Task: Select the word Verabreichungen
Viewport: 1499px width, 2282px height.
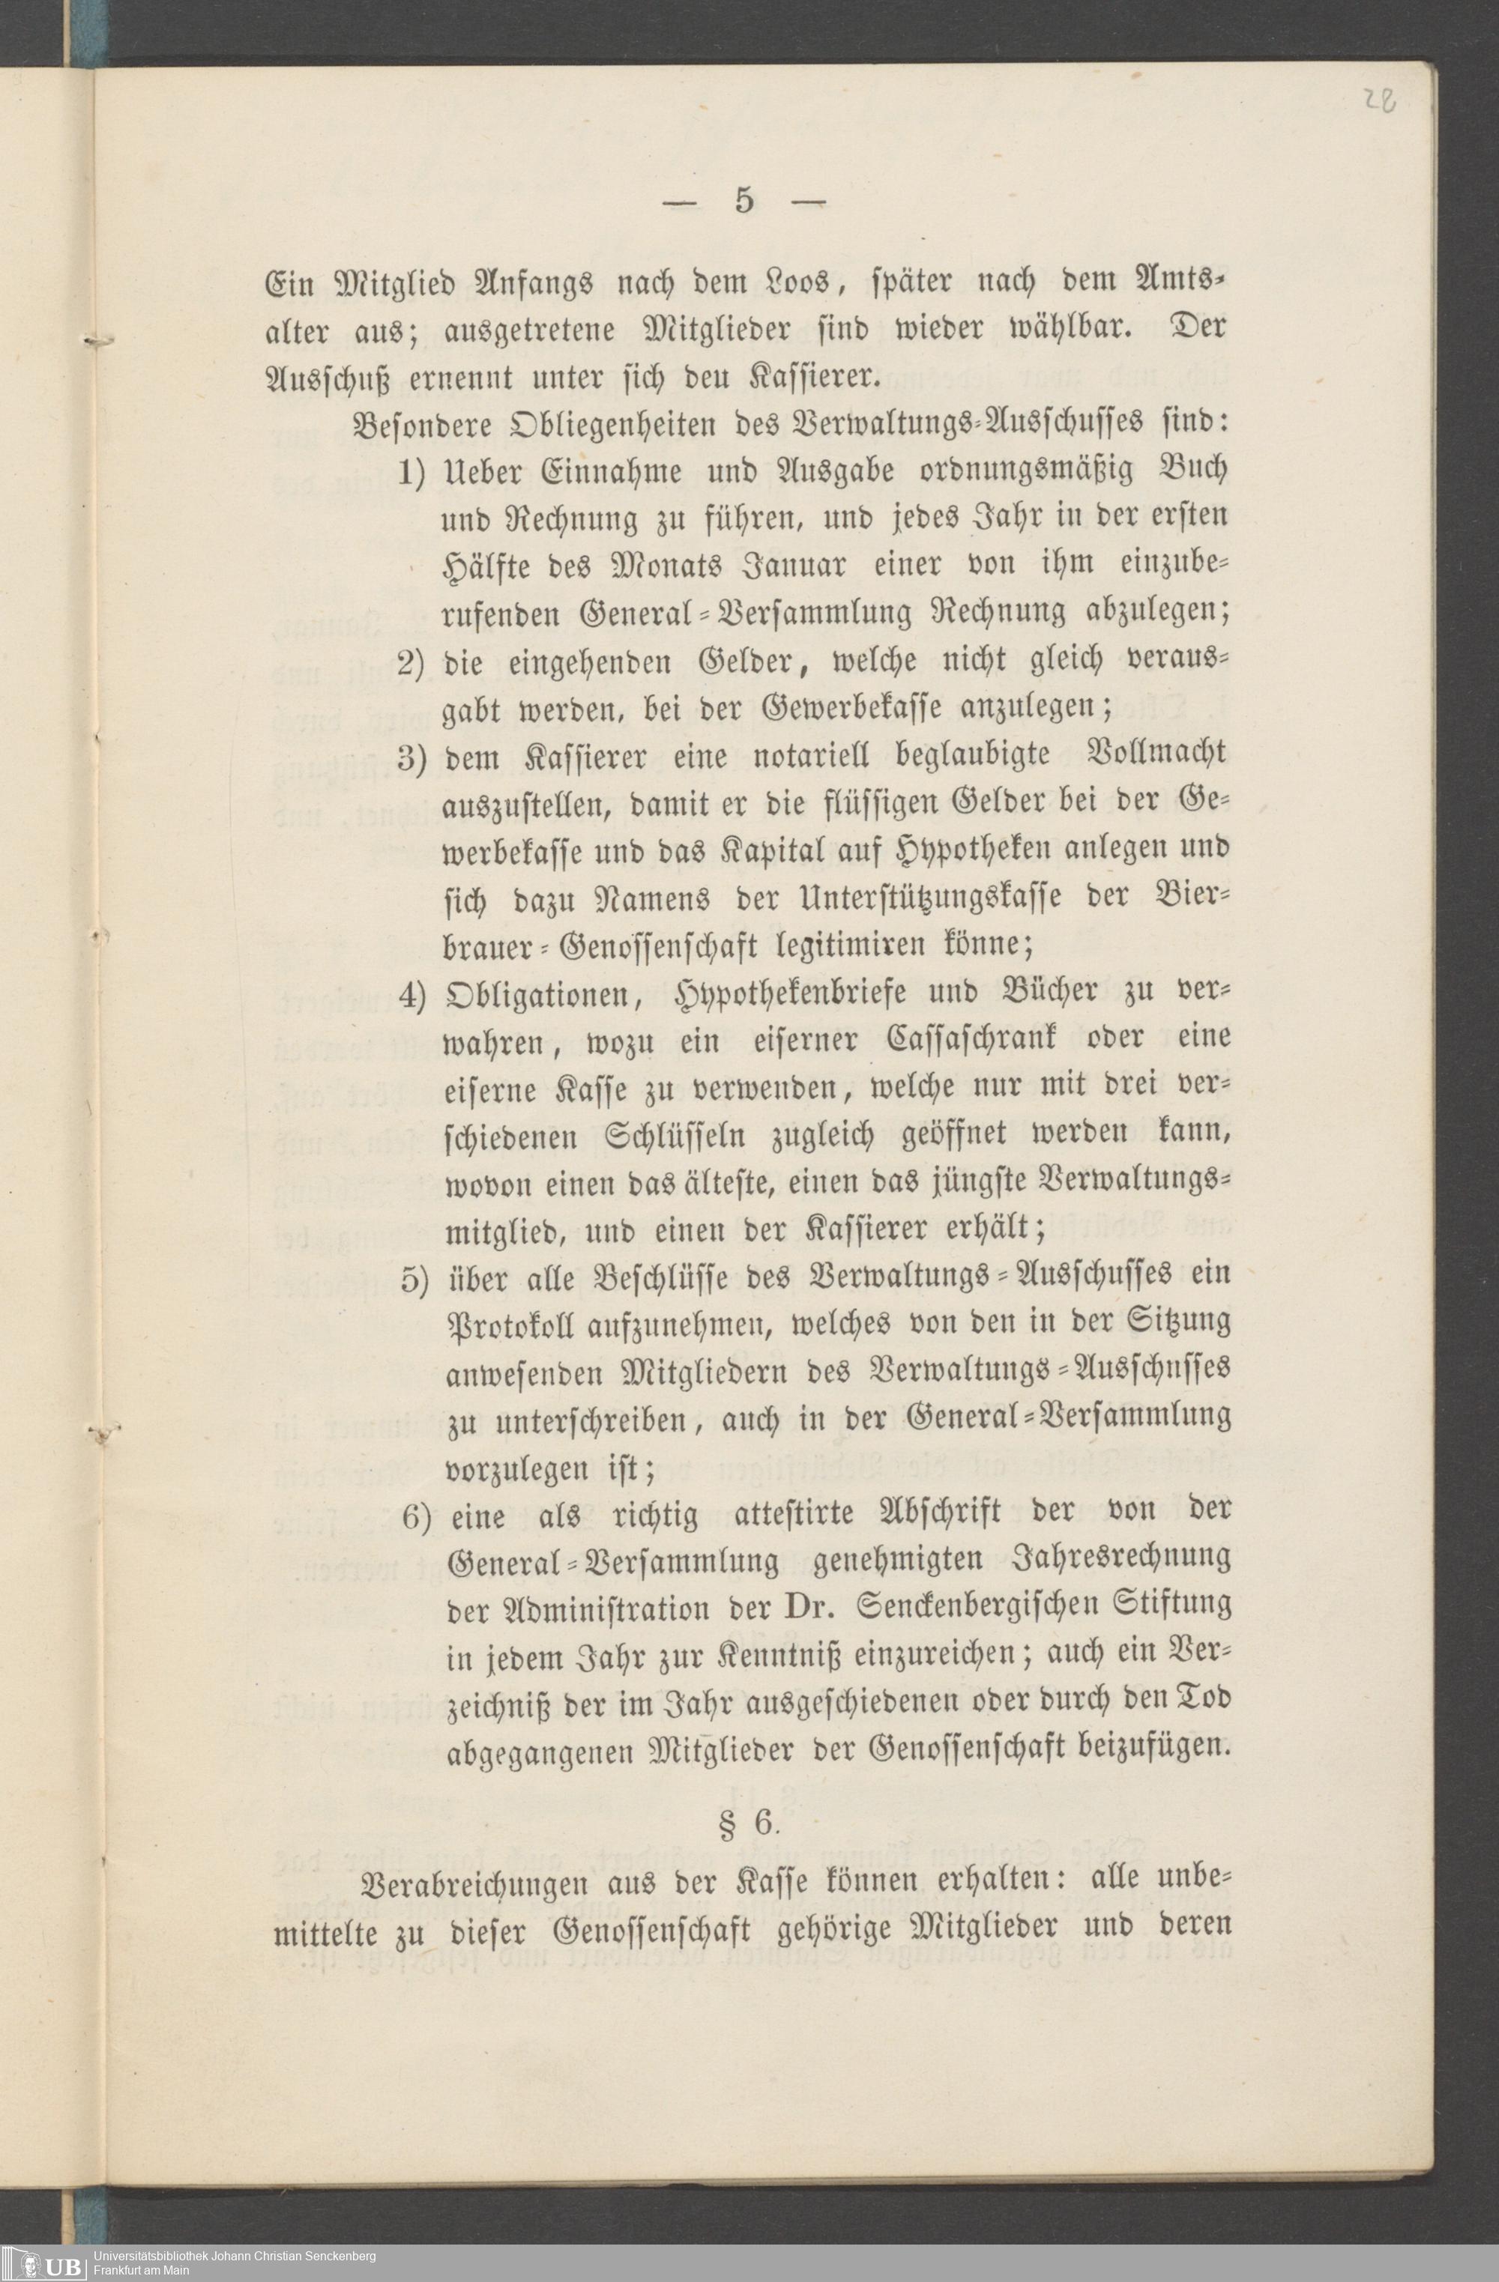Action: [476, 1882]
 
